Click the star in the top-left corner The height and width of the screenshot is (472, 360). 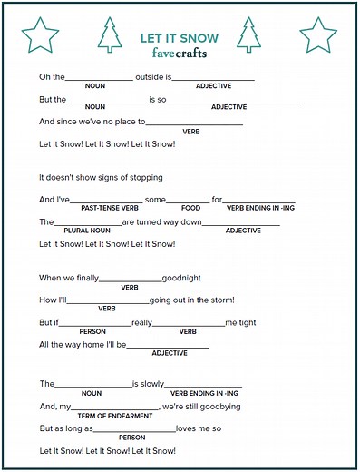(40, 34)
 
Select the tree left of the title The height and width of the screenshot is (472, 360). (110, 35)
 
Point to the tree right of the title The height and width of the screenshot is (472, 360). (248, 35)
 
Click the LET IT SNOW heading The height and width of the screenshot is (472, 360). (179, 39)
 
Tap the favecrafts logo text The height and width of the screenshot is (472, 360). (179, 53)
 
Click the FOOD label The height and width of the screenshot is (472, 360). (190, 208)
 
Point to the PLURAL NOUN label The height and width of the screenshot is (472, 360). (86, 231)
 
